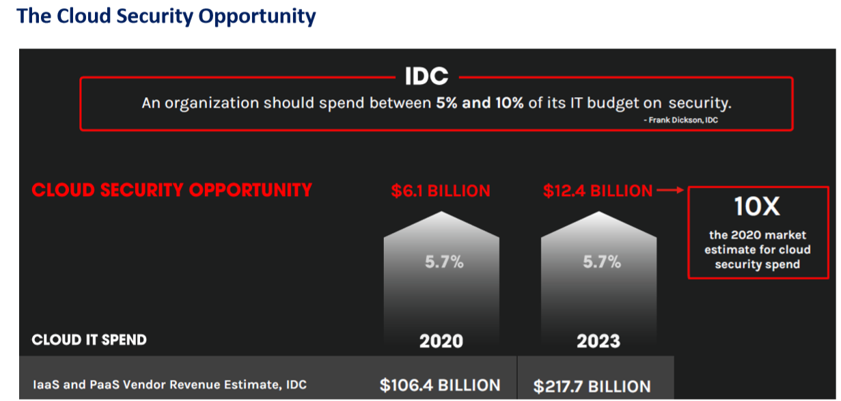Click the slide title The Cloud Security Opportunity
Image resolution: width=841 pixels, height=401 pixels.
click(x=166, y=16)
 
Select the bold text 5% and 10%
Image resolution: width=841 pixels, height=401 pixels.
click(x=480, y=103)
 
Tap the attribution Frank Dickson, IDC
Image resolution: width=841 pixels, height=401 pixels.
click(x=680, y=120)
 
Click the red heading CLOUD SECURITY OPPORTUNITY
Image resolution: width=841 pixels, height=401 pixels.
click(x=172, y=190)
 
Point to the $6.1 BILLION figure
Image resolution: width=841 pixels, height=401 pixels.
click(x=441, y=191)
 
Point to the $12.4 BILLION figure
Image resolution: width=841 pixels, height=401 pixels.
click(x=598, y=191)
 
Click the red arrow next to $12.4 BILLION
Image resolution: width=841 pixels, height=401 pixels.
click(x=670, y=191)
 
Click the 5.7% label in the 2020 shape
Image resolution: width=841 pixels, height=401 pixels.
click(x=444, y=262)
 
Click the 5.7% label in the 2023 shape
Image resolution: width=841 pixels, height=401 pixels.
click(x=601, y=262)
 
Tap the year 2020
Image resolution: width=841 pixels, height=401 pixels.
click(x=441, y=341)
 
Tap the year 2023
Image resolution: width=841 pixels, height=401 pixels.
click(x=598, y=341)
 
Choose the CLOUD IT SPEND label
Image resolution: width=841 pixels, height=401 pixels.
click(x=89, y=340)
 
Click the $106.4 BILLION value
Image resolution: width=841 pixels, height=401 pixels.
click(x=440, y=385)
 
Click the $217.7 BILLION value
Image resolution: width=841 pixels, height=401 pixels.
click(x=592, y=386)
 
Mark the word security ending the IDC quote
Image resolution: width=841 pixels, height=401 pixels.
click(x=700, y=103)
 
